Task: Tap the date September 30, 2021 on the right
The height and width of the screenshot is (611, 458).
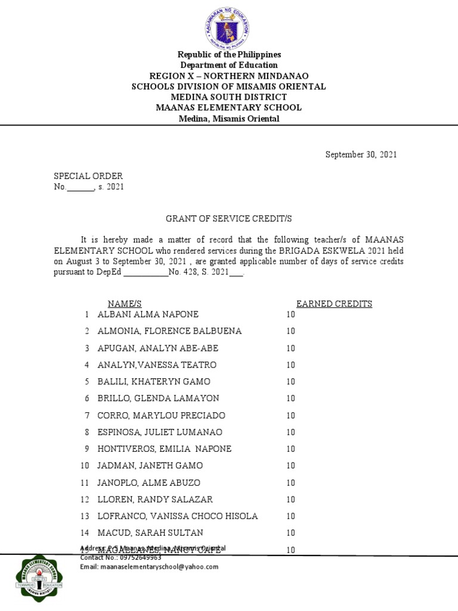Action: click(x=361, y=155)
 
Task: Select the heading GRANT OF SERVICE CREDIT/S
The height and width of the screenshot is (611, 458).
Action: click(x=228, y=220)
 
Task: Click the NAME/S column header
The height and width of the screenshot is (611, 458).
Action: click(x=124, y=304)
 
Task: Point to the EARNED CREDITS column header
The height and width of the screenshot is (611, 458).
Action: click(x=334, y=304)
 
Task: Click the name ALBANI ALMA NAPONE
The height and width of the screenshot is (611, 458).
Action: click(x=148, y=314)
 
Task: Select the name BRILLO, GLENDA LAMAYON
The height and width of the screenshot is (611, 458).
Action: click(x=158, y=398)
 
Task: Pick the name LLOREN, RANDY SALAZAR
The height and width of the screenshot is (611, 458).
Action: click(x=155, y=499)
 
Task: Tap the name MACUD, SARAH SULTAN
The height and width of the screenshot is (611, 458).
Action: click(x=150, y=532)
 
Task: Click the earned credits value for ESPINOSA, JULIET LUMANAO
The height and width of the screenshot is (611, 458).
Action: click(x=290, y=432)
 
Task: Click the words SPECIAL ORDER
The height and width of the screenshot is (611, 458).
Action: click(x=88, y=176)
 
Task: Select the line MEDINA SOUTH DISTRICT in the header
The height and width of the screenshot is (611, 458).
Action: click(x=229, y=97)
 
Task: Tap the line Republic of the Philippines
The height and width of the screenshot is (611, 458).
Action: click(x=229, y=54)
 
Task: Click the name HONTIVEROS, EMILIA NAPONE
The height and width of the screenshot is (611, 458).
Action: click(x=164, y=449)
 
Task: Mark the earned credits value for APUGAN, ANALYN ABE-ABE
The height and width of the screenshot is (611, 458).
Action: click(x=290, y=348)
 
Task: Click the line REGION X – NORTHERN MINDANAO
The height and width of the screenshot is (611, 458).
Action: click(x=229, y=76)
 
